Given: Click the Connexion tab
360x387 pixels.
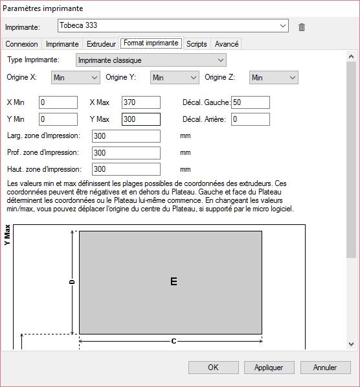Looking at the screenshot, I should [22, 44].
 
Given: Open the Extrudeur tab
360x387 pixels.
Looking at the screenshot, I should [101, 44].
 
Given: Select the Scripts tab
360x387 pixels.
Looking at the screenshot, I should [196, 44].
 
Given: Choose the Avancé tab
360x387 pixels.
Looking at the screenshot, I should [227, 44].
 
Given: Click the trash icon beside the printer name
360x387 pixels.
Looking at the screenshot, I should [302, 27].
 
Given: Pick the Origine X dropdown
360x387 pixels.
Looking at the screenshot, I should [75, 78].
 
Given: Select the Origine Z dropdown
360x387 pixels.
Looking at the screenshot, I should [273, 78].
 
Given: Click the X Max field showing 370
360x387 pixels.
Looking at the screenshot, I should [141, 102].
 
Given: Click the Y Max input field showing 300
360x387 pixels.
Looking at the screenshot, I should [141, 119].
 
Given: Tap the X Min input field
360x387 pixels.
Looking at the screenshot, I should [58, 102].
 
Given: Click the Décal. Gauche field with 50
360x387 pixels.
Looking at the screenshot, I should [249, 102].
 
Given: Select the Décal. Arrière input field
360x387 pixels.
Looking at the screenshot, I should [249, 119].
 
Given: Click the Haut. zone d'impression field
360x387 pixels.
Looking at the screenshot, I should [126, 169].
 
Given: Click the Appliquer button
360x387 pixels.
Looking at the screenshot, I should [269, 368].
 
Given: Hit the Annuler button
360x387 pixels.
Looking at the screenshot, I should [324, 368].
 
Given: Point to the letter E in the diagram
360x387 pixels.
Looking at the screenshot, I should [174, 281].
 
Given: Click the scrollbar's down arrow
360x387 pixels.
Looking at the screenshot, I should [351, 344].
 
